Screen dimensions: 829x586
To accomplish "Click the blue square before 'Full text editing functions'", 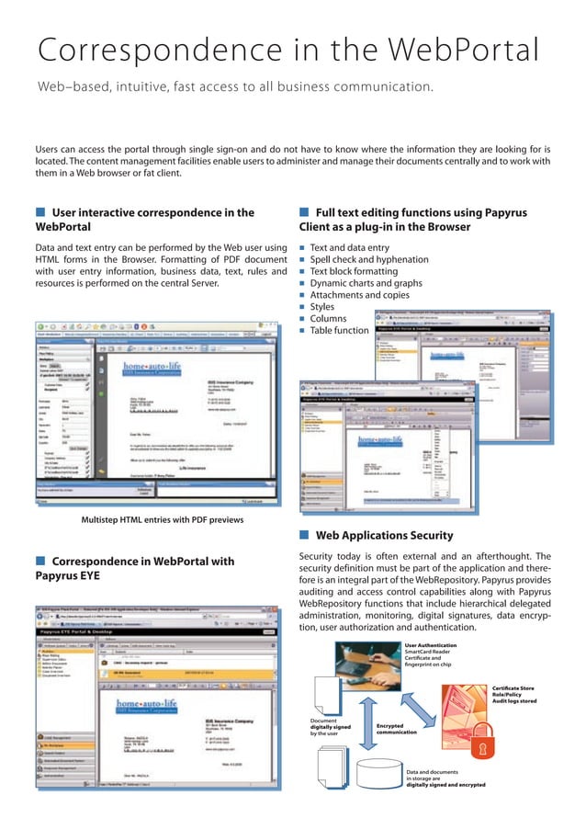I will (x=303, y=213).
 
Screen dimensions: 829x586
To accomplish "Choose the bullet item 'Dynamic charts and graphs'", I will (x=366, y=284).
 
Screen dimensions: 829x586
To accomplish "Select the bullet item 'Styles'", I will (x=322, y=307).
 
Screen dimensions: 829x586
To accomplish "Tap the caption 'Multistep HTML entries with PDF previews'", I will (x=149, y=521).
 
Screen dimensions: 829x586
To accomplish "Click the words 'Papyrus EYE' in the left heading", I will (x=68, y=576).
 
